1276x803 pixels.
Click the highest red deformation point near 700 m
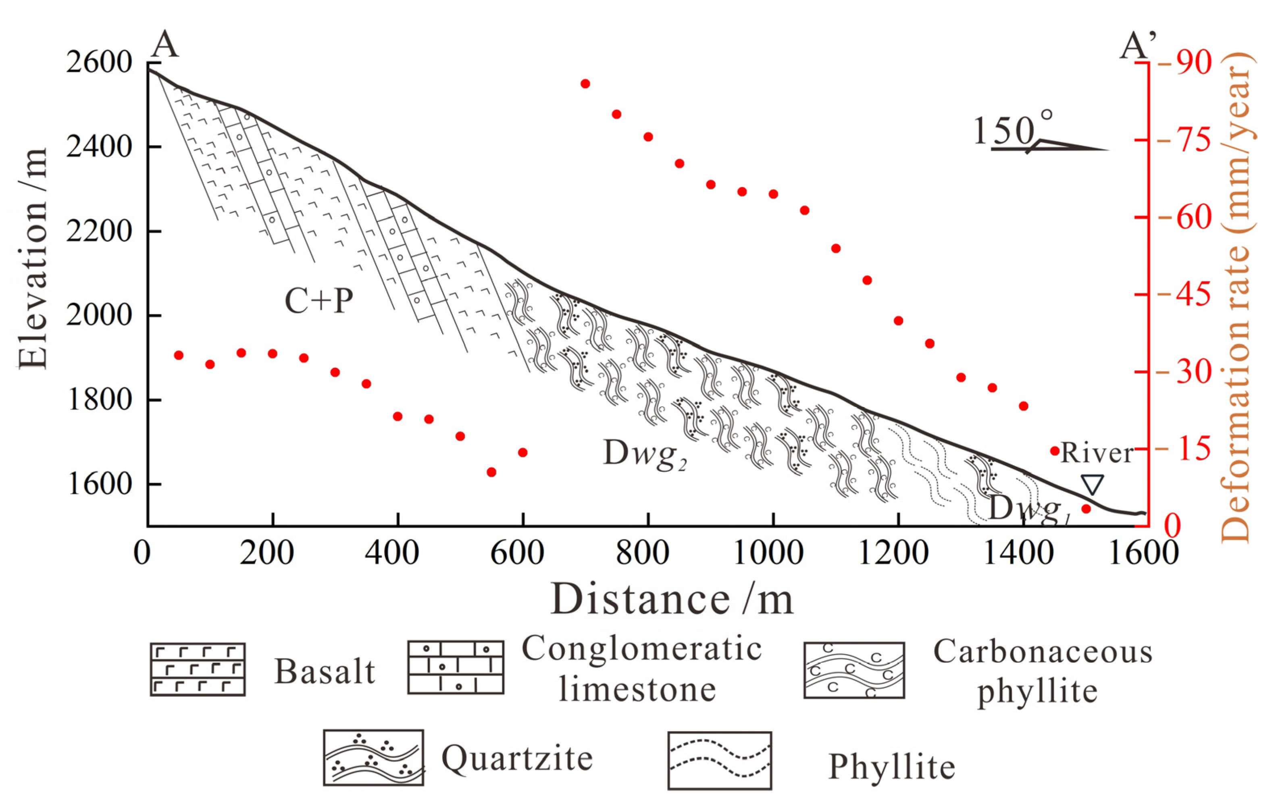[x=585, y=84]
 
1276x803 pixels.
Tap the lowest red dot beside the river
[x=1086, y=508]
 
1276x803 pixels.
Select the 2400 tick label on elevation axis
[x=98, y=147]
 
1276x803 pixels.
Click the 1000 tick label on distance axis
[x=773, y=553]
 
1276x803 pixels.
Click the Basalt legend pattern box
[x=198, y=669]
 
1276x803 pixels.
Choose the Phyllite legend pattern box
[x=719, y=761]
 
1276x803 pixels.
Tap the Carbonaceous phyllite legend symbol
[x=853, y=670]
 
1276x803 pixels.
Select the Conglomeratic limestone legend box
[x=455, y=668]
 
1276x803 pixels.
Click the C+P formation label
[x=318, y=301]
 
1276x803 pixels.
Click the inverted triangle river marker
[x=1092, y=484]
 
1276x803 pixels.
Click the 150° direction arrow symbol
[x=1049, y=147]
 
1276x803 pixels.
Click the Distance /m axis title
[x=672, y=599]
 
